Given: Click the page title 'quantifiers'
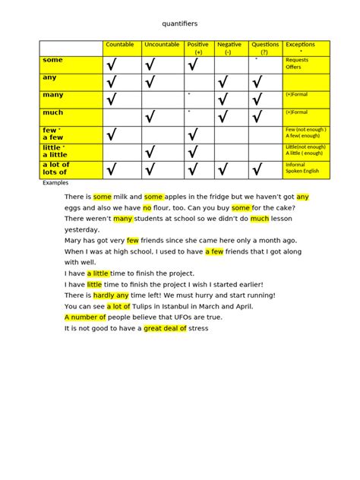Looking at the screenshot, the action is pos(180,24).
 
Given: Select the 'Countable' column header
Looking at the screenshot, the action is pos(120,45).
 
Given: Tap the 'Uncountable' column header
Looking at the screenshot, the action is pos(161,45).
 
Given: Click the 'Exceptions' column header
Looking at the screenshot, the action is pos(301,45).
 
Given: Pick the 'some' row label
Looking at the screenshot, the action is pos(53,60).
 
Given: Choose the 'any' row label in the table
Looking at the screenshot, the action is pos(51,77).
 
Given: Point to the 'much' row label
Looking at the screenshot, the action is pos(54,112).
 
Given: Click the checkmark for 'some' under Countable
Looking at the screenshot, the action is pos(112,65).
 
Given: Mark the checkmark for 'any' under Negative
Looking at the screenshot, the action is pos(223,82).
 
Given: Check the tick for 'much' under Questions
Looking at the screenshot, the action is pos(257,117).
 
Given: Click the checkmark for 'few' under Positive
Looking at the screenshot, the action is pos(192,135).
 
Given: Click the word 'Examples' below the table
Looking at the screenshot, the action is pos(55,184).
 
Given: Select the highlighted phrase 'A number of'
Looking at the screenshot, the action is pos(87,317).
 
